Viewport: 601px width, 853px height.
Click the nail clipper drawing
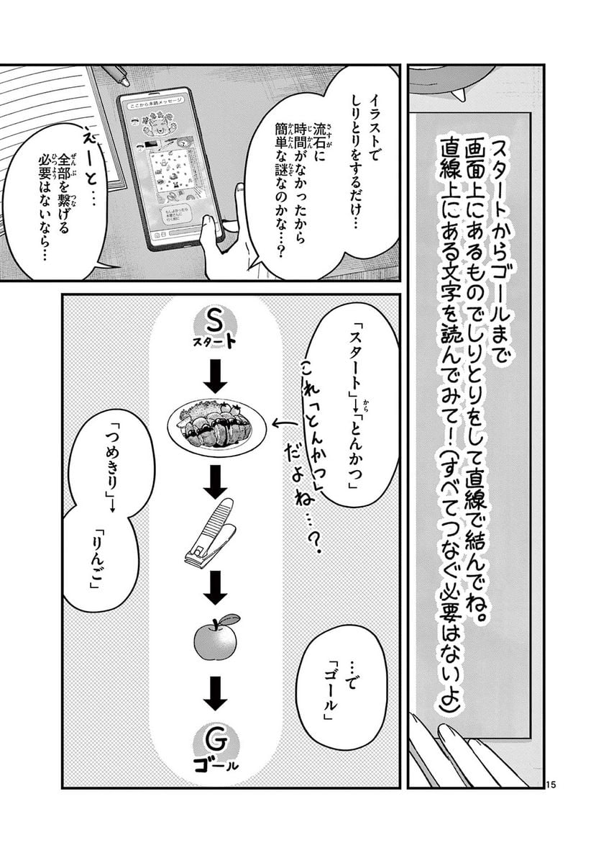[210, 533]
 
